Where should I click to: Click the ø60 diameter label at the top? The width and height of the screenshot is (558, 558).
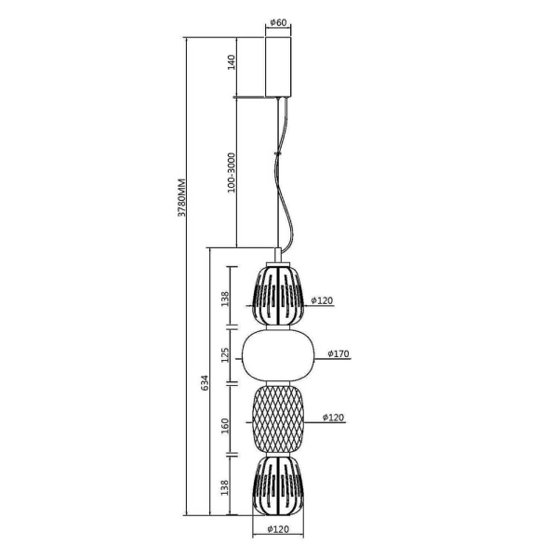278,22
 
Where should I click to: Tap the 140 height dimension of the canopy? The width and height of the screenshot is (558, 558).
232,62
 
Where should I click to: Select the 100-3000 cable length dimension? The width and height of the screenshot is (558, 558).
232,173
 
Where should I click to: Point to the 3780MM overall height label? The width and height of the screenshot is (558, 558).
181,197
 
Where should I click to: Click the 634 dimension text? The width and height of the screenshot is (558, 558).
205,382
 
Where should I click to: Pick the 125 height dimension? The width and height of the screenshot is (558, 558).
225,355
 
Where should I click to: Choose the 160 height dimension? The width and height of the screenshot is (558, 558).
225,426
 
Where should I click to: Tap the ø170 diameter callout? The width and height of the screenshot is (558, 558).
339,353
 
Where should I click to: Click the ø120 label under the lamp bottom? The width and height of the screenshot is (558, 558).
278,529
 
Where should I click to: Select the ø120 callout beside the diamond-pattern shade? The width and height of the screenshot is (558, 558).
334,417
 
